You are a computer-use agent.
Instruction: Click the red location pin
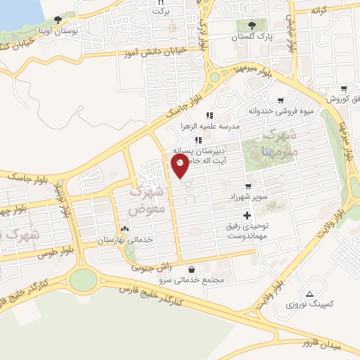point(181,166)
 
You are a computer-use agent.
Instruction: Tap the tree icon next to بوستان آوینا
point(58,20)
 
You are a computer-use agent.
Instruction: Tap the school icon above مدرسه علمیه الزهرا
point(209,115)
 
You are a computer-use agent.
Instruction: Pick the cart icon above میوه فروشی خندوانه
point(281,101)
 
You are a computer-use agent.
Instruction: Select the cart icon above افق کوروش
point(344,89)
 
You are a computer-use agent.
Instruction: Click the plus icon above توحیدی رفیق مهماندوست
point(246,215)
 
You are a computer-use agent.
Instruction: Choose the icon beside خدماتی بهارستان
point(125,229)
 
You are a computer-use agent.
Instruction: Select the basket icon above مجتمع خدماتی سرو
point(192,269)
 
